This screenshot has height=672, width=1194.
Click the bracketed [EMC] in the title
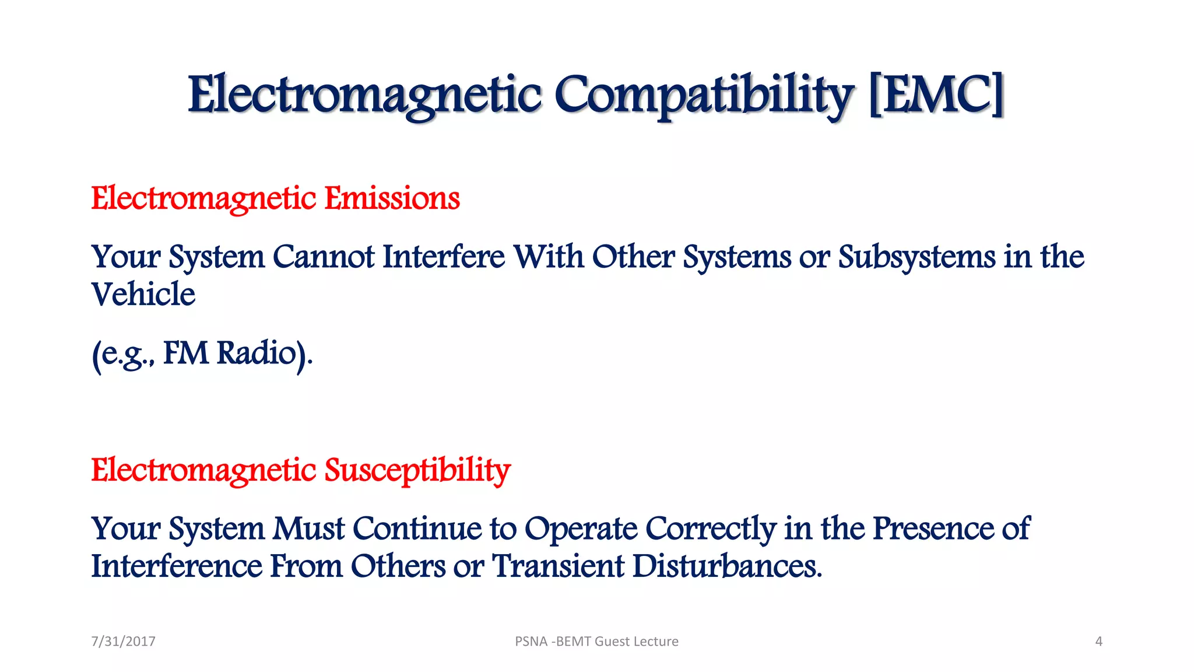pyautogui.click(x=936, y=95)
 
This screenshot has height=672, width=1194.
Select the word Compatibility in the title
pyautogui.click(x=704, y=95)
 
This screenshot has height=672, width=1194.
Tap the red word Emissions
pyautogui.click(x=392, y=198)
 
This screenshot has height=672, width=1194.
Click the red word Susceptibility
pyautogui.click(x=417, y=470)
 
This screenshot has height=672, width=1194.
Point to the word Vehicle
pyautogui.click(x=143, y=294)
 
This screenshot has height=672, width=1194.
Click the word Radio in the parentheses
pyautogui.click(x=257, y=353)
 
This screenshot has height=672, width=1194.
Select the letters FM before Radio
pyautogui.click(x=185, y=353)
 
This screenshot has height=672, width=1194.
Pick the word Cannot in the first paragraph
pyautogui.click(x=324, y=257)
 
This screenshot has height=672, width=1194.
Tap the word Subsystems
pyautogui.click(x=916, y=257)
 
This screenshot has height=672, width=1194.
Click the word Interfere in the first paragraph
pyautogui.click(x=444, y=257)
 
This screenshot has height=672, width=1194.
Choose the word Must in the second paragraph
pyautogui.click(x=309, y=528)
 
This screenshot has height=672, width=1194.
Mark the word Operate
pyautogui.click(x=581, y=528)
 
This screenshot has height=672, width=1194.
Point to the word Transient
pyautogui.click(x=559, y=566)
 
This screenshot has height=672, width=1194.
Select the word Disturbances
pyautogui.click(x=727, y=566)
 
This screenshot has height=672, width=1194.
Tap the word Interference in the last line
pyautogui.click(x=177, y=566)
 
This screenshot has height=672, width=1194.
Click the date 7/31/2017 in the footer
pyautogui.click(x=124, y=642)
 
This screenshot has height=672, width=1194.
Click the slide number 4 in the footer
pyautogui.click(x=1098, y=642)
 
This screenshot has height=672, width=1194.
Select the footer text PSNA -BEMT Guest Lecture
pyautogui.click(x=596, y=642)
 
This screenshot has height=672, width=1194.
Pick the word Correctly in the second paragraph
pyautogui.click(x=711, y=528)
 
